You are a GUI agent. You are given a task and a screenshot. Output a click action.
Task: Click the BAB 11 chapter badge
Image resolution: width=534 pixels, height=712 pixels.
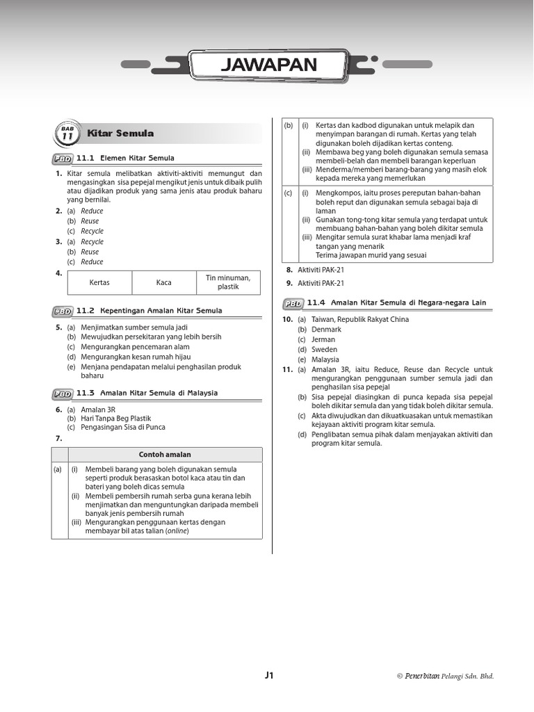pyautogui.click(x=67, y=133)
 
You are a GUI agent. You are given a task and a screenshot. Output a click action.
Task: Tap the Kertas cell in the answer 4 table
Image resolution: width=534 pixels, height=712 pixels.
pyautogui.click(x=99, y=282)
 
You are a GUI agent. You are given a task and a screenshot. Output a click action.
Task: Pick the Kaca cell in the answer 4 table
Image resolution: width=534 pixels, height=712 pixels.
pyautogui.click(x=163, y=282)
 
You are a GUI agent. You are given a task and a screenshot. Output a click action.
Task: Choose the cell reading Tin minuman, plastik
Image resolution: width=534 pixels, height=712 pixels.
pyautogui.click(x=228, y=282)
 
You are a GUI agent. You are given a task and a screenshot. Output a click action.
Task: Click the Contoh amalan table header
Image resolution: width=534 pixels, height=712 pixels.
pyautogui.click(x=165, y=455)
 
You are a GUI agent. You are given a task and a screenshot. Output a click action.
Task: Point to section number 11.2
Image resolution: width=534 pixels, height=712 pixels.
pyautogui.click(x=85, y=310)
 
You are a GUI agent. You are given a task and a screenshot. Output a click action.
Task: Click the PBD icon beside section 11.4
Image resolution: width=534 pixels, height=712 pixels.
pyautogui.click(x=293, y=302)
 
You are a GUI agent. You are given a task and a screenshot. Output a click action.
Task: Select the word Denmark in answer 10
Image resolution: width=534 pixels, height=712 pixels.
pyautogui.click(x=326, y=330)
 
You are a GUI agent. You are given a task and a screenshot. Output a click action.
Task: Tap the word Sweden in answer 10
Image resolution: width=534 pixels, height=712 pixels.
pyautogui.click(x=324, y=350)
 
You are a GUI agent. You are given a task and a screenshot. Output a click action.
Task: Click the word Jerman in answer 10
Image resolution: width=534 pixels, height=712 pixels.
pyautogui.click(x=323, y=340)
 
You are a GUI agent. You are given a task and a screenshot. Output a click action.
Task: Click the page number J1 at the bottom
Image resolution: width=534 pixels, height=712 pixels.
pyautogui.click(x=269, y=675)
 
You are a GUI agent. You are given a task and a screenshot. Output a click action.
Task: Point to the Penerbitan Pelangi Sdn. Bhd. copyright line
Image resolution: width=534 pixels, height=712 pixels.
pyautogui.click(x=445, y=676)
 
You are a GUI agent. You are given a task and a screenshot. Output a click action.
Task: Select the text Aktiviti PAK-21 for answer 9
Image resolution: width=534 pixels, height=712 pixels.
pyautogui.click(x=321, y=284)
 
